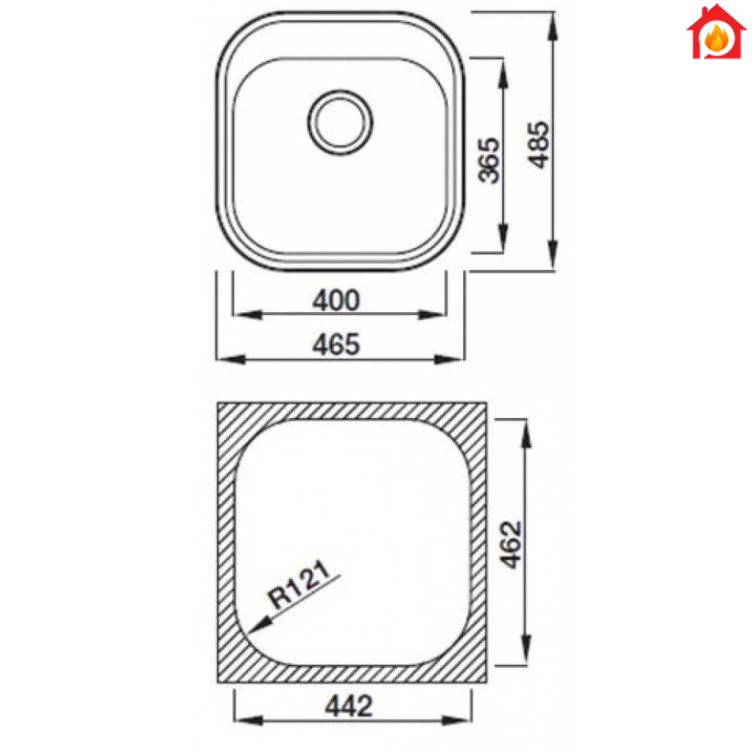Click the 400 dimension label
pos(336,301)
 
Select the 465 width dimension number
pos(336,345)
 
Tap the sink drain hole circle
pos(340,122)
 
